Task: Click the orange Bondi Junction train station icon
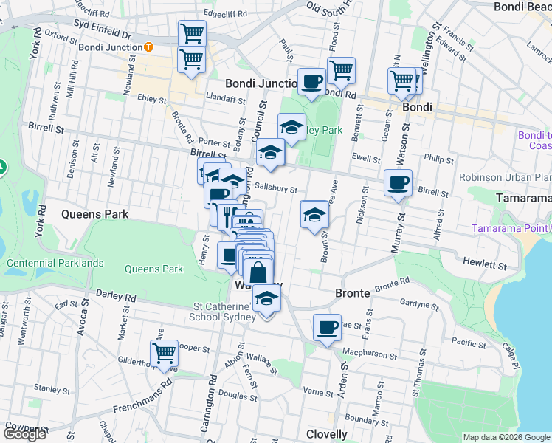148,47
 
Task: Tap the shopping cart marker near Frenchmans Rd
164,353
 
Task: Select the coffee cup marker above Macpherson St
327,327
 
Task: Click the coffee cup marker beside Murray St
399,182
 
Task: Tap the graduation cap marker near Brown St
314,216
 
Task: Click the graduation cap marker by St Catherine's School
266,299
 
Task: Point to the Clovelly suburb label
326,434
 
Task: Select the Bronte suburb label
353,293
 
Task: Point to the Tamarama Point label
512,227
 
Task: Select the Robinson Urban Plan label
505,177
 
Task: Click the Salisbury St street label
277,190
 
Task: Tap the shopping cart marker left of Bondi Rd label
340,71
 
